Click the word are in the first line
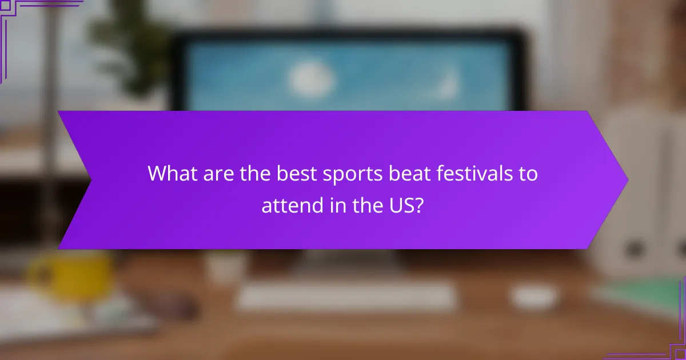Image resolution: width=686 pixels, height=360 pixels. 214,173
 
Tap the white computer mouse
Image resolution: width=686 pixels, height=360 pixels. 533,296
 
